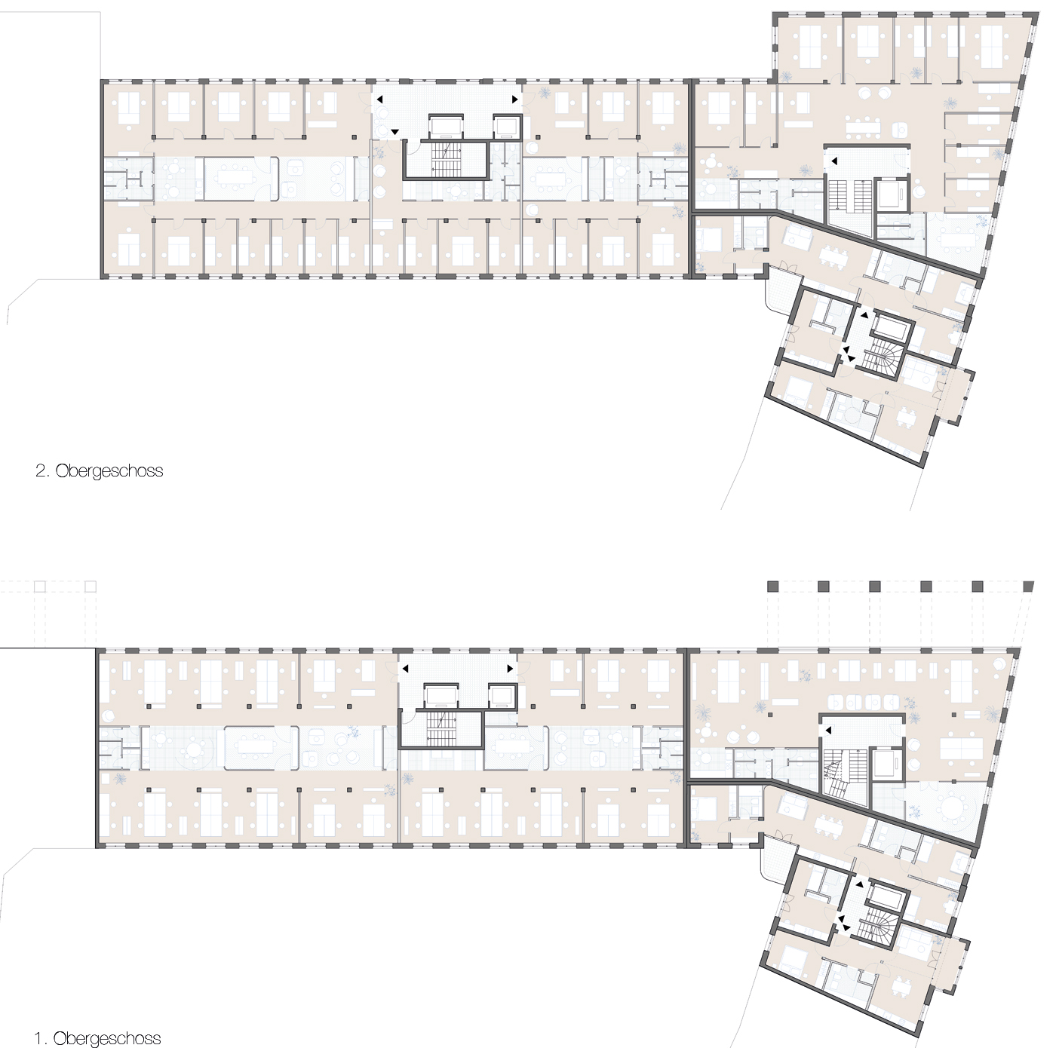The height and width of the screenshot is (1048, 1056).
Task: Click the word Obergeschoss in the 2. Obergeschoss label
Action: click(109, 470)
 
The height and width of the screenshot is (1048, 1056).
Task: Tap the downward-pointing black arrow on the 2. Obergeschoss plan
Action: click(394, 132)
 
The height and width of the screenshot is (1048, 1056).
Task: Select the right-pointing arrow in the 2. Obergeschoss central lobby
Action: click(514, 100)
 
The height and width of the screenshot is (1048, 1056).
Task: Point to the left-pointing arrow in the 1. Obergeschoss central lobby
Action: click(405, 668)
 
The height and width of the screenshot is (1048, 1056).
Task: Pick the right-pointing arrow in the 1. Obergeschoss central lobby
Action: click(510, 668)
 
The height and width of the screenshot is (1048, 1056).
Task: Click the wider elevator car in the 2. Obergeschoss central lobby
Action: click(447, 127)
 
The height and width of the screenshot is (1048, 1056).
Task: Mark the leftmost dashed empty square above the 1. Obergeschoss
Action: click(39, 587)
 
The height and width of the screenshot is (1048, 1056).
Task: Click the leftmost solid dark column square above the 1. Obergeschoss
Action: click(772, 586)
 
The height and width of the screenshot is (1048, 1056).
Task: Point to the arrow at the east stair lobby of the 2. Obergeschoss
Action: click(834, 161)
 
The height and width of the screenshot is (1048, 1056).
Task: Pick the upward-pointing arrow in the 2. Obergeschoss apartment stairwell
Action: click(864, 315)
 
